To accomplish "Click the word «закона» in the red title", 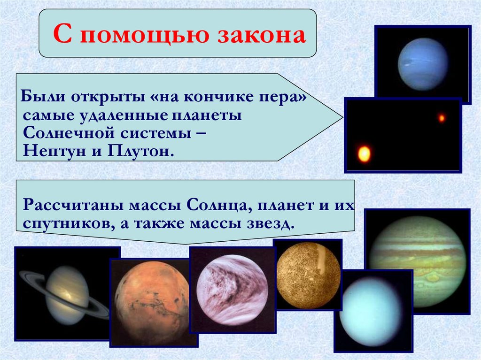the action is point(262,35).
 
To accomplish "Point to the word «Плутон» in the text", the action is point(140,151).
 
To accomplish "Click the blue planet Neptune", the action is point(423,64).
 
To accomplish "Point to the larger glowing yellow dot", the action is point(364,153).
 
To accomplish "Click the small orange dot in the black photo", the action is point(442,118).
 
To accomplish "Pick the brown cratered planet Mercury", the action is point(308,275).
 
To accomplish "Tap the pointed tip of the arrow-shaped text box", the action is point(342,117).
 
